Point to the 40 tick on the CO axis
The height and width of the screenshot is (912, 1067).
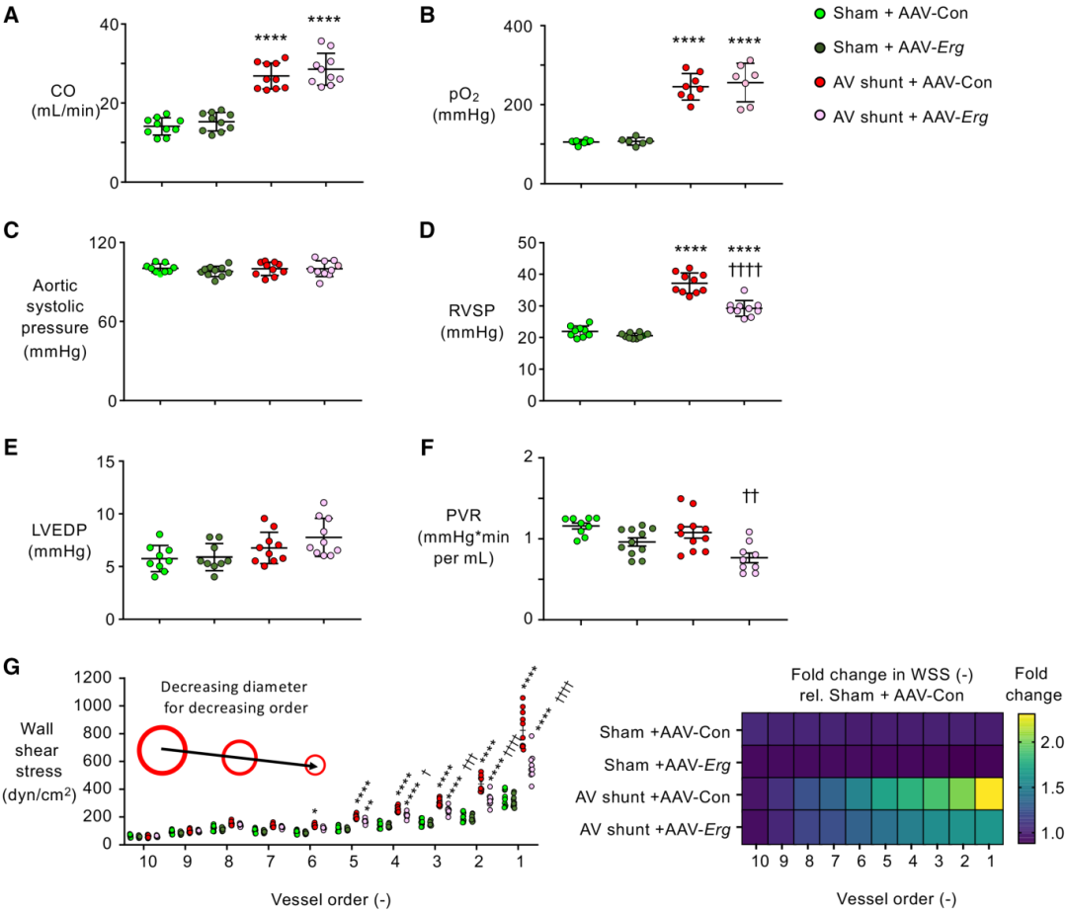107,24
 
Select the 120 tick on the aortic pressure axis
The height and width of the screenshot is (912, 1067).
103,243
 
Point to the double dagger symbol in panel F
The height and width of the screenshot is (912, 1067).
748,496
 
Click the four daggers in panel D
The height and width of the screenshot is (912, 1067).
748,270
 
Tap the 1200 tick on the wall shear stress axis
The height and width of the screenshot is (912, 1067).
96,678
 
